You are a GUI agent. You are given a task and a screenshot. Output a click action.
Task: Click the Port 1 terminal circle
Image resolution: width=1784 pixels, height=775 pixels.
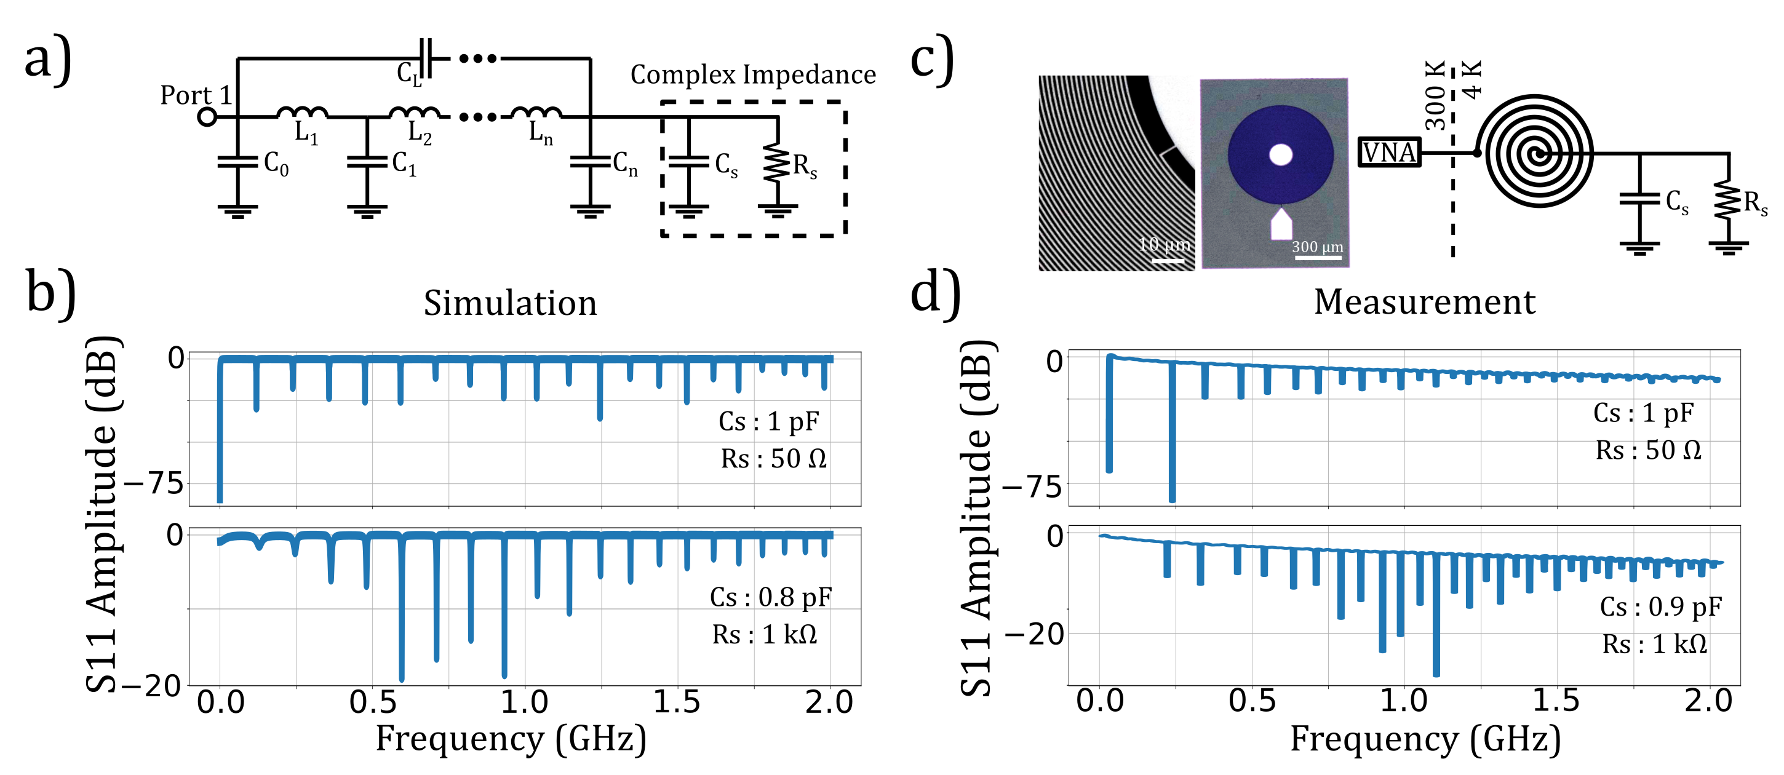(x=207, y=116)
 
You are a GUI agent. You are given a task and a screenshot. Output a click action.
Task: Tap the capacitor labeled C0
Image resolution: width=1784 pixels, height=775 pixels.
(x=237, y=162)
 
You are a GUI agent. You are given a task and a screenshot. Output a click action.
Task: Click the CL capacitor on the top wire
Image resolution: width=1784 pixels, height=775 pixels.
(x=426, y=59)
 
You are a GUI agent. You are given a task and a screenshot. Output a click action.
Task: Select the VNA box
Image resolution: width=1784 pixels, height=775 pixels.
(x=1389, y=153)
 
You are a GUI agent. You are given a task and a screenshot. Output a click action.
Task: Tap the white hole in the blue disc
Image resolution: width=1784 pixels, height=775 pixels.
(x=1281, y=154)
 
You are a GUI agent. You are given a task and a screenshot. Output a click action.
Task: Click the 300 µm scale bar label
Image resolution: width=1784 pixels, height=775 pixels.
(x=1317, y=247)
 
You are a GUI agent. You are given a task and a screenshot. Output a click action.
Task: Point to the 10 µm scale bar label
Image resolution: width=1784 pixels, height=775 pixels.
(x=1166, y=244)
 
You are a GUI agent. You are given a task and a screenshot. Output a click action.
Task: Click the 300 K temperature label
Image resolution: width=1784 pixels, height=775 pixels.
(x=1435, y=95)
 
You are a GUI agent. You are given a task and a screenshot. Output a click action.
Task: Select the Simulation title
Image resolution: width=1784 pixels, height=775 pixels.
(x=511, y=303)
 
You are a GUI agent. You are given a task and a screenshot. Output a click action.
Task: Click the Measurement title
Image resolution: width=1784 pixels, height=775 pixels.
(x=1425, y=302)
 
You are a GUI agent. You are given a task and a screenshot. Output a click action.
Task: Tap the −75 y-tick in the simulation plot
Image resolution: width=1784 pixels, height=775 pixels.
(x=154, y=483)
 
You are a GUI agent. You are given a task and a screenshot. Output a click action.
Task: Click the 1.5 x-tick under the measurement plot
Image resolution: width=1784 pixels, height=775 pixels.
(x=1556, y=701)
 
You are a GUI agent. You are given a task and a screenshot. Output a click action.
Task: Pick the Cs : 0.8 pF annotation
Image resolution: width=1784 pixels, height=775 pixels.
(x=771, y=597)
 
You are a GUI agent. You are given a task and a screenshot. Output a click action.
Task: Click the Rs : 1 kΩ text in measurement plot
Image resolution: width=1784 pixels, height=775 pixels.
(x=1654, y=645)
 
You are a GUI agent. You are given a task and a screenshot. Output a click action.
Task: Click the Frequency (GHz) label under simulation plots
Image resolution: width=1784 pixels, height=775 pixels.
(x=511, y=739)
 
